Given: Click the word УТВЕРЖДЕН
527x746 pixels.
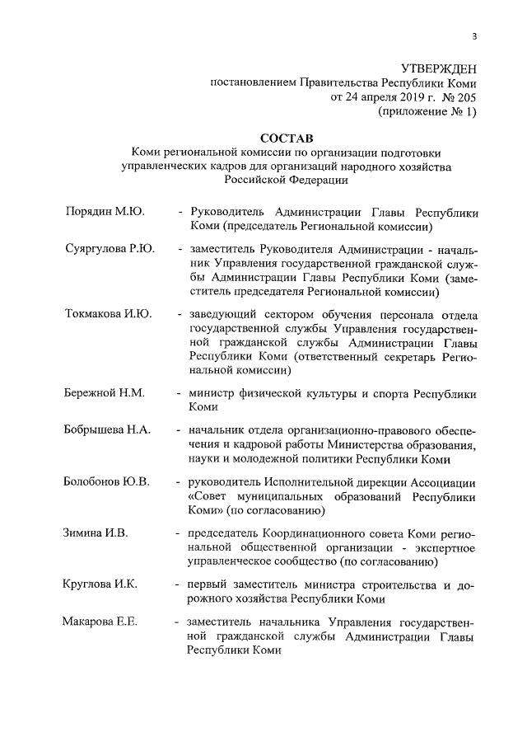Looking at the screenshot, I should tap(438, 68).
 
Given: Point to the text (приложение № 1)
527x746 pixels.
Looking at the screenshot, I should tap(427, 112).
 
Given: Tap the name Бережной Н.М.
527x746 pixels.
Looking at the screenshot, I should tap(104, 392).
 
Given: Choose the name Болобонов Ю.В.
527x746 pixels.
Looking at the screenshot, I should tap(106, 481).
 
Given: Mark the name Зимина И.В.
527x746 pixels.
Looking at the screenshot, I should tap(96, 533).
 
